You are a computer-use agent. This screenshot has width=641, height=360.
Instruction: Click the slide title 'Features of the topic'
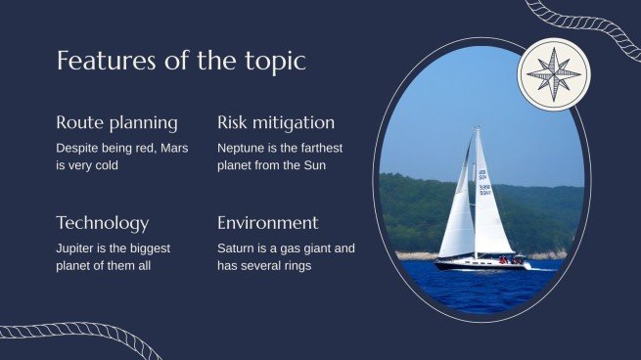click(x=181, y=61)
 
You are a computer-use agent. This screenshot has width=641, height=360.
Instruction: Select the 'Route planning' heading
click(x=116, y=122)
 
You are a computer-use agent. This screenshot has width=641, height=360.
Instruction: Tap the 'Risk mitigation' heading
click(x=275, y=122)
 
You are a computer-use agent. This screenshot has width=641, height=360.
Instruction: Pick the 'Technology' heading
click(x=103, y=222)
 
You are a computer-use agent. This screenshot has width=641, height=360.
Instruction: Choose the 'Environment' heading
click(x=267, y=222)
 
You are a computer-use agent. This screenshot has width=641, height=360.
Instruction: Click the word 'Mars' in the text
click(x=171, y=148)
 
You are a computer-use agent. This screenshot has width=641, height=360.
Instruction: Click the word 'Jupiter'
click(x=77, y=248)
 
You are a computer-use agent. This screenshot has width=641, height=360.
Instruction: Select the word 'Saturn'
click(x=238, y=248)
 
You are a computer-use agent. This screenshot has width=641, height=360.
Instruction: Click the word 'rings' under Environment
click(x=294, y=265)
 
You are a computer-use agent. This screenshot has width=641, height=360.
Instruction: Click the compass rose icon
click(x=554, y=74)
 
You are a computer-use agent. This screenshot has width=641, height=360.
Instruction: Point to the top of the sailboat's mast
click(x=477, y=129)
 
